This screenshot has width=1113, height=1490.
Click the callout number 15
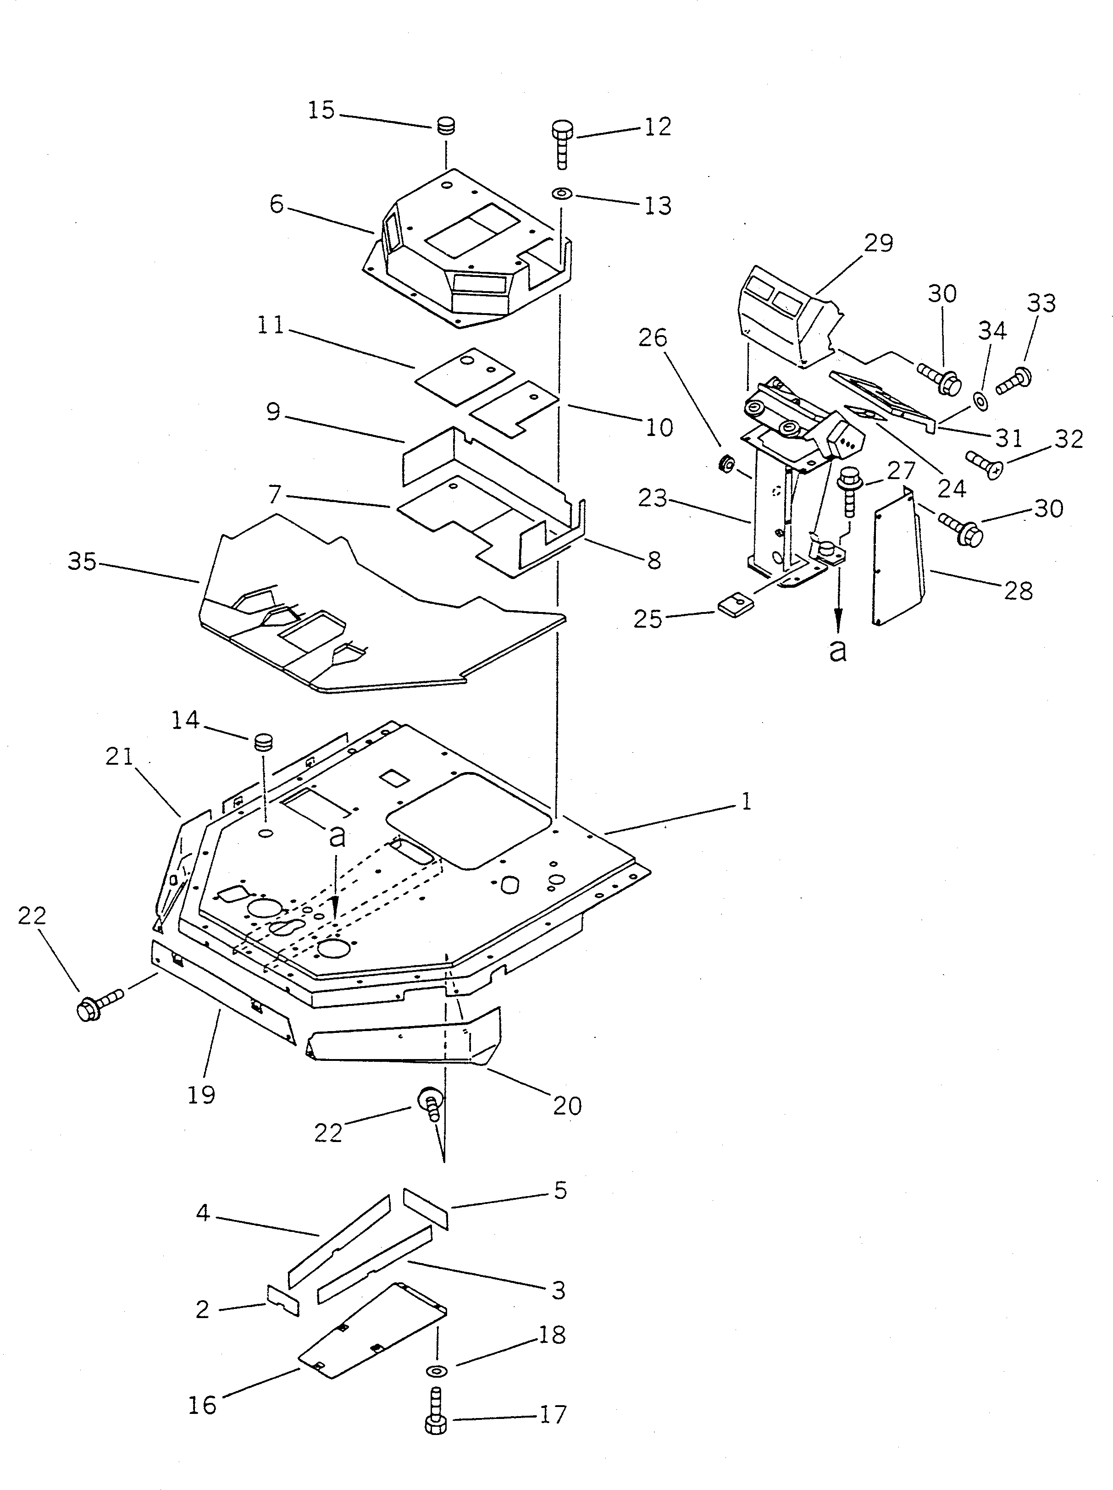[321, 110]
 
